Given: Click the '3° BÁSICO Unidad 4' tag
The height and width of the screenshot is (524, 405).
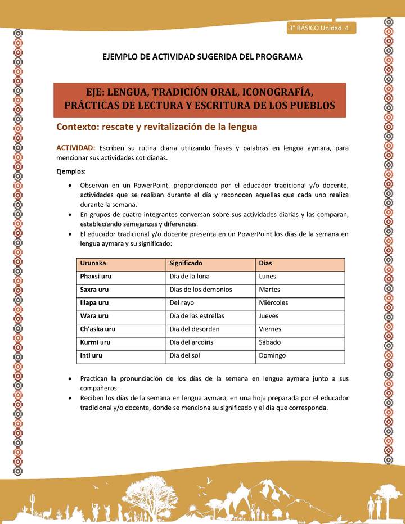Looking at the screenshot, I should pyautogui.click(x=319, y=28).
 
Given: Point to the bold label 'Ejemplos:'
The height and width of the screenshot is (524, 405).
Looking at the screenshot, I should pyautogui.click(x=70, y=171).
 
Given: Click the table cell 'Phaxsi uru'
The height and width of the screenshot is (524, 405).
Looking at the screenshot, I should pyautogui.click(x=96, y=277).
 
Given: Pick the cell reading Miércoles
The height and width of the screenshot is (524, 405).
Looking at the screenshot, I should pyautogui.click(x=273, y=302).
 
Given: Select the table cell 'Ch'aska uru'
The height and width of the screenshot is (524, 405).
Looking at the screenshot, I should pyautogui.click(x=98, y=329).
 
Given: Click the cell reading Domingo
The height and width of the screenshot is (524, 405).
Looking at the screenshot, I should pyautogui.click(x=272, y=355).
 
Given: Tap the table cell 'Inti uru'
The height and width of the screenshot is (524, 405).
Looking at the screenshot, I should pyautogui.click(x=91, y=355).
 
